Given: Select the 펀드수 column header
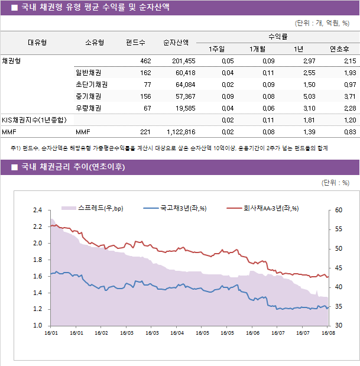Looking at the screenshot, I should (x=135, y=43).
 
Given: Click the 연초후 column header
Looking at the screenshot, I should (x=339, y=49).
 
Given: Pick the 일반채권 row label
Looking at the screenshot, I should (x=88, y=73).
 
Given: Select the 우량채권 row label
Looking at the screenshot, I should (x=88, y=108).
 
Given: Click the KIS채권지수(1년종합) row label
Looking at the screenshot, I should (x=34, y=120).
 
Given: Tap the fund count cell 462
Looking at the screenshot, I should (x=145, y=61).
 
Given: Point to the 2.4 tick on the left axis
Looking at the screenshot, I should (x=37, y=210).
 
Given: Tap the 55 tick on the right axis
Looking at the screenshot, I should (x=338, y=229).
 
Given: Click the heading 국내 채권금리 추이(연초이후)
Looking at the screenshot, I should (x=73, y=167).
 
